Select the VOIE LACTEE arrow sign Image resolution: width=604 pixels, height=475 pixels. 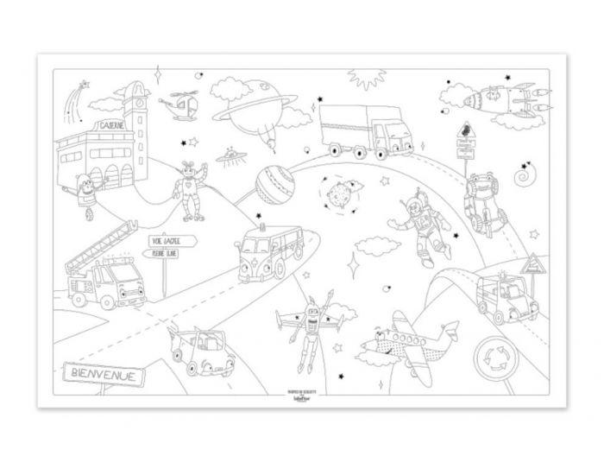(x=170, y=241)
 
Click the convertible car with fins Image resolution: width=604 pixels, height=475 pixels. (x=200, y=351)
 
